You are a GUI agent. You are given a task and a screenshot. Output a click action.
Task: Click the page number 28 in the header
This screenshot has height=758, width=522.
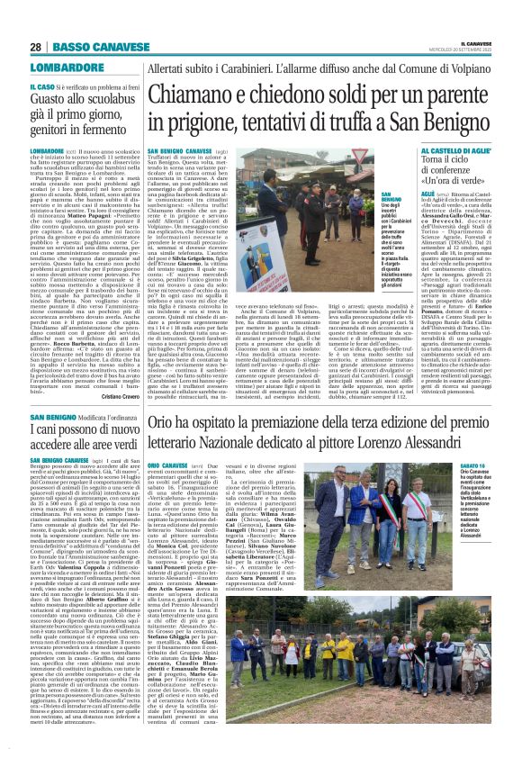point(35,47)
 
